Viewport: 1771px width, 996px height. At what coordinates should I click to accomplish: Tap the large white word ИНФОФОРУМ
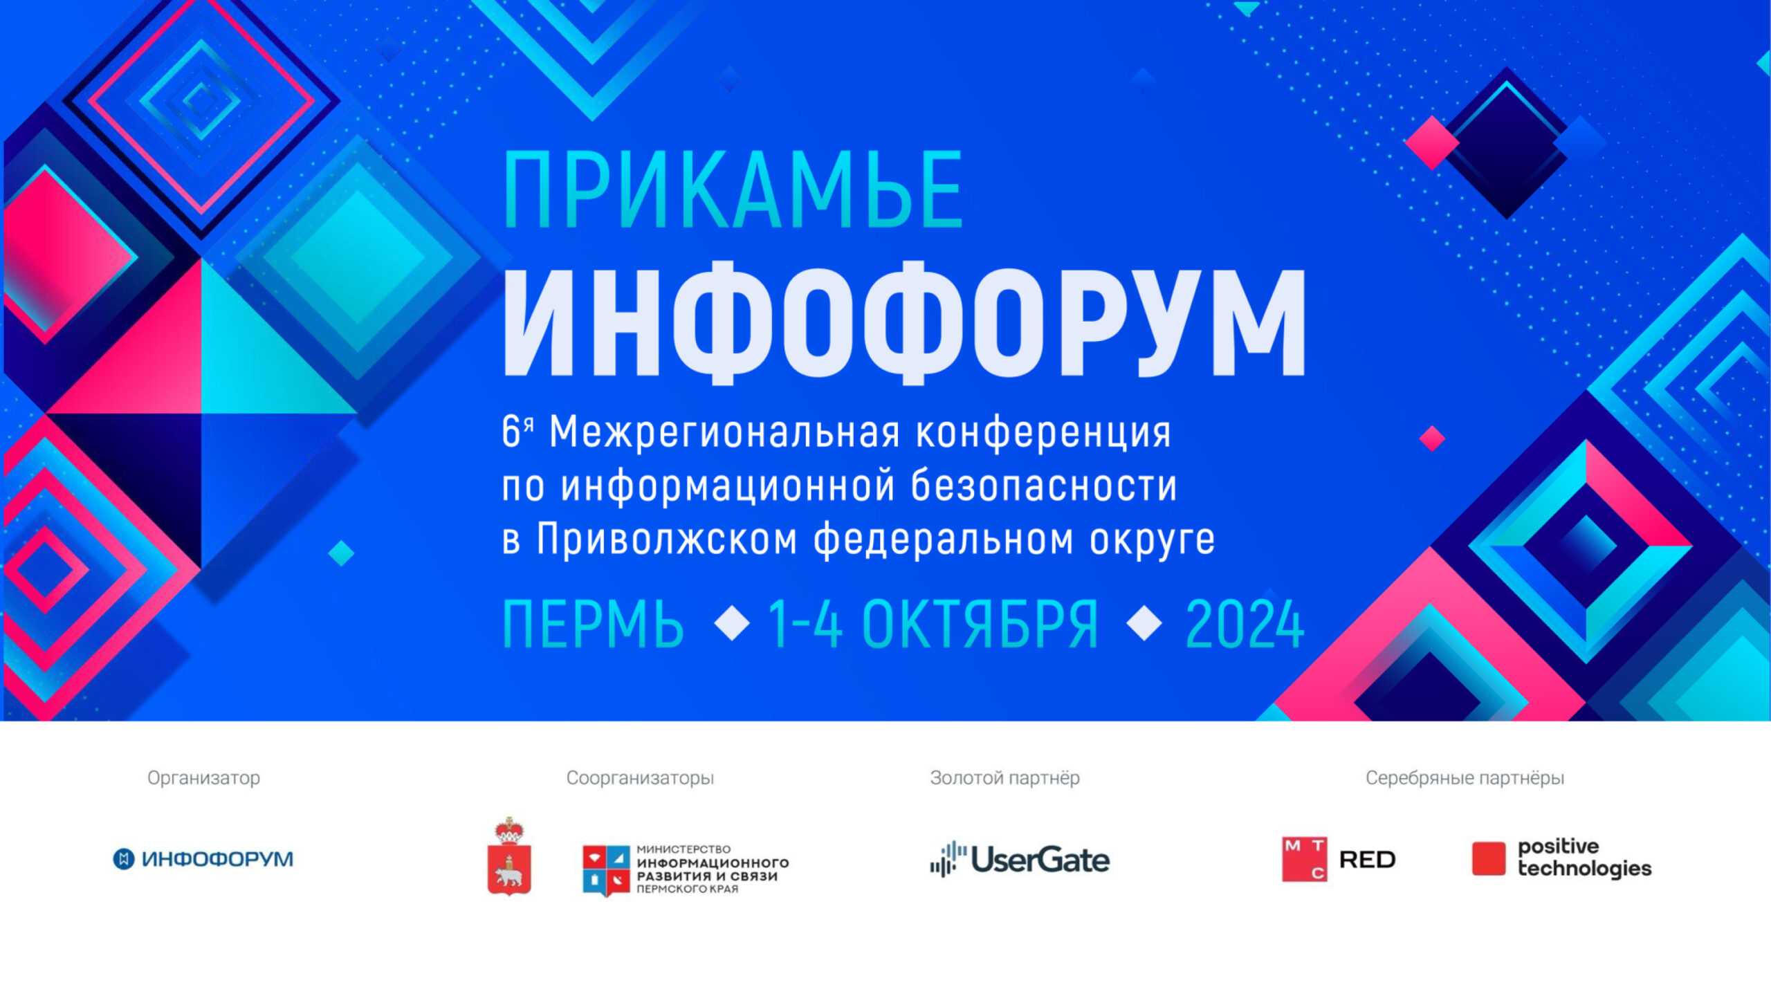[x=904, y=322]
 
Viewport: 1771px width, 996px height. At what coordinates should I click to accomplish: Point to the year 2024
[x=1245, y=625]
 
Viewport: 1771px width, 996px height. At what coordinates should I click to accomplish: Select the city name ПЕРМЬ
[x=593, y=625]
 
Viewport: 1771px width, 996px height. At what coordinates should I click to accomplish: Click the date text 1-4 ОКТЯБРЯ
[x=933, y=625]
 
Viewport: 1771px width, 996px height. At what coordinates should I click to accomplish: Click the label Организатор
[x=204, y=778]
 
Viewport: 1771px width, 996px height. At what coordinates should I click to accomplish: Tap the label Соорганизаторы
[x=640, y=778]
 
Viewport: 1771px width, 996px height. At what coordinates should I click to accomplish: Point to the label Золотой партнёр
[x=1004, y=778]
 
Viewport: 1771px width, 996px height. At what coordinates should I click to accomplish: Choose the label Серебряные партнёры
[x=1465, y=778]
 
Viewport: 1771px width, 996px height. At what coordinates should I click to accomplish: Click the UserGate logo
[x=1020, y=860]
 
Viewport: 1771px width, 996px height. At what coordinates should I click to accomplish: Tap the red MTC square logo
[x=1304, y=859]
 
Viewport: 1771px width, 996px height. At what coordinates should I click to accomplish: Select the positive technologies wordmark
[x=1584, y=858]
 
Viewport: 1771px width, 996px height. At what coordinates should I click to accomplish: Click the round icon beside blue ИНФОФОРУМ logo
[x=124, y=859]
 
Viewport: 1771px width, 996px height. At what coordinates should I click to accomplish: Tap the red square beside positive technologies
[x=1489, y=858]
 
